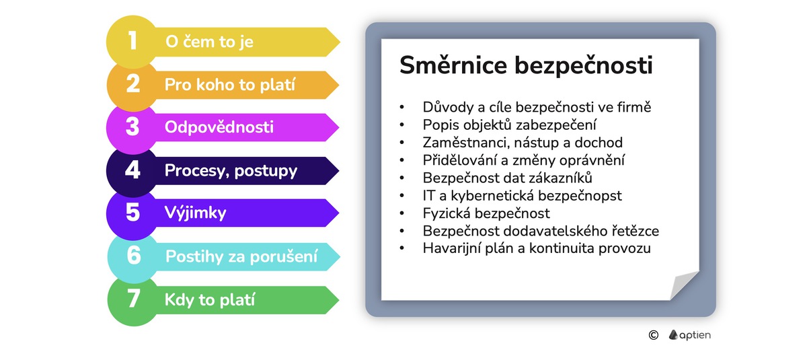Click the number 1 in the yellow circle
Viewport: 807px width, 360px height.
(132, 40)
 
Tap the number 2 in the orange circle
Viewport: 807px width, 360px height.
(132, 84)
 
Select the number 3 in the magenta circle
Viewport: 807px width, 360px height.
(132, 127)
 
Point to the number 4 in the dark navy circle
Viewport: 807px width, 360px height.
(132, 170)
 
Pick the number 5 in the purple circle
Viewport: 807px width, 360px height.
(132, 213)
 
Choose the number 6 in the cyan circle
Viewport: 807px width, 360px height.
(133, 256)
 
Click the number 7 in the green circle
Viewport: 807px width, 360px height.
(133, 299)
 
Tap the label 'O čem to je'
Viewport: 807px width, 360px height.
(209, 42)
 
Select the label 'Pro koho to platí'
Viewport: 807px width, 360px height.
(231, 85)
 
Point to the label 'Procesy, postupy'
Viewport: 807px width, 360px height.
(231, 171)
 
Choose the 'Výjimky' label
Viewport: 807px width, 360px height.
(196, 214)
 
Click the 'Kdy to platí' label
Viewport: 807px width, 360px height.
(210, 300)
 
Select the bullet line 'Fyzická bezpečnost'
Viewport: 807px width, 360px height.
(486, 213)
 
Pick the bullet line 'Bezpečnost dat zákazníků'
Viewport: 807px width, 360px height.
(507, 178)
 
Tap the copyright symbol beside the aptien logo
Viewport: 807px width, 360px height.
(653, 335)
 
